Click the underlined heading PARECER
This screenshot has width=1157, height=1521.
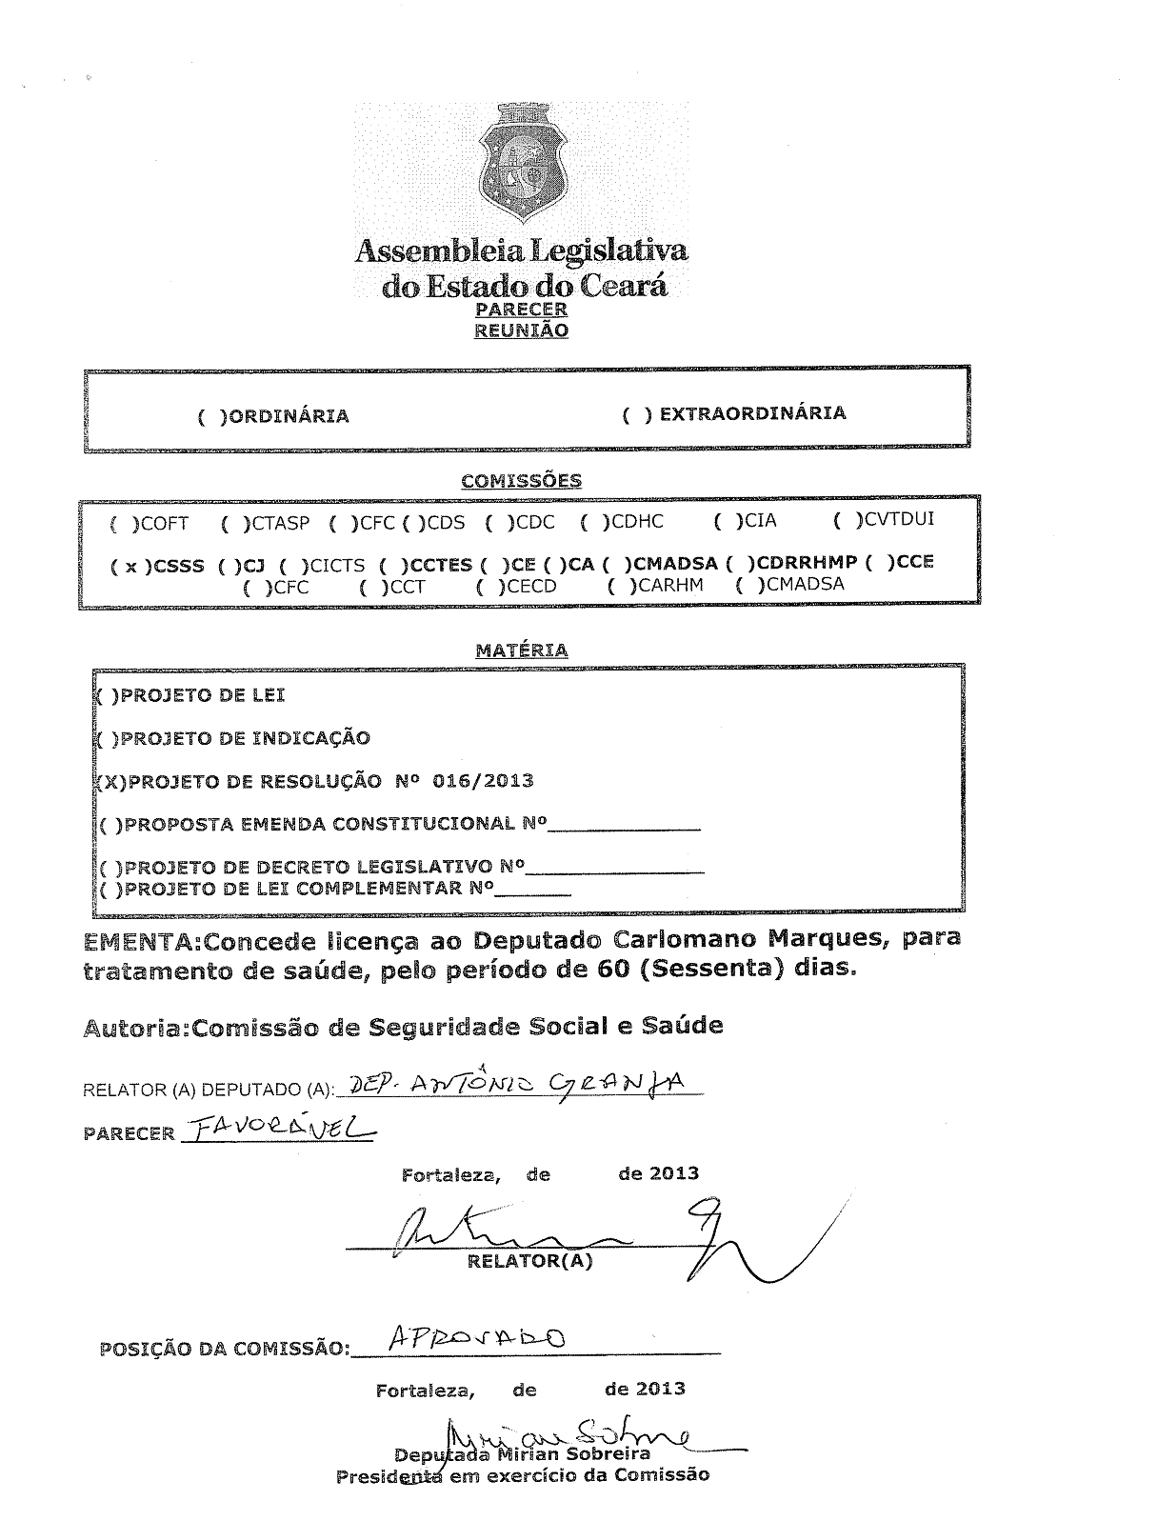coord(521,310)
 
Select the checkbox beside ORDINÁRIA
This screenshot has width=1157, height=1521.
coord(209,416)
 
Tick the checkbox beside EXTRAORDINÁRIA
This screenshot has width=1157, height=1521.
coord(636,414)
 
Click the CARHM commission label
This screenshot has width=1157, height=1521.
coord(670,585)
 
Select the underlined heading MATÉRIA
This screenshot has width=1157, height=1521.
coord(521,650)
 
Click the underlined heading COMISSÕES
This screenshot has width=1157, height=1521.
coord(521,481)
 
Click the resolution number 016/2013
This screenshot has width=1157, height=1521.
coord(483,781)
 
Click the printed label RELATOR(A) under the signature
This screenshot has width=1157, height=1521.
coord(529,1262)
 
